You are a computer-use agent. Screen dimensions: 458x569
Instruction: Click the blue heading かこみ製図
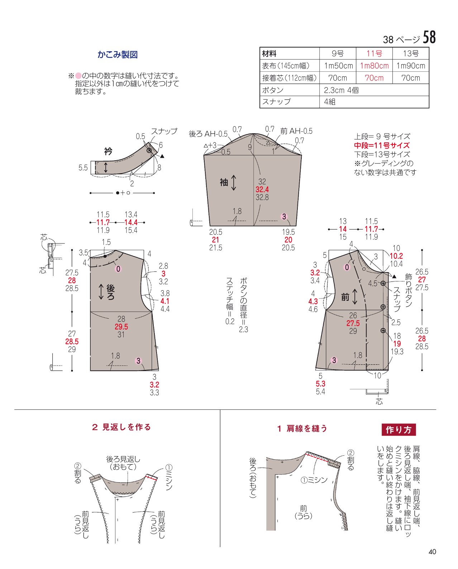[118, 54]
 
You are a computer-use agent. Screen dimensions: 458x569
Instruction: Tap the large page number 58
[429, 37]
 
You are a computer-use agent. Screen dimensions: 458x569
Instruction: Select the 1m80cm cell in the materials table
[374, 66]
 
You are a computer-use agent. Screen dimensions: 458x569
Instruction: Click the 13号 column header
[411, 54]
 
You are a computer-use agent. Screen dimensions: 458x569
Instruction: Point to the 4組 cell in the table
[330, 102]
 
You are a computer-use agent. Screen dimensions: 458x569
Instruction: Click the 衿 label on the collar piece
[108, 151]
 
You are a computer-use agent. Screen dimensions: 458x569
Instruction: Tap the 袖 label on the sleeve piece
[224, 182]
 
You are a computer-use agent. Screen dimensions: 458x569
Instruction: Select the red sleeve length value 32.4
[262, 189]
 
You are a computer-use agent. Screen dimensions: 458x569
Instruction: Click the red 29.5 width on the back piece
[121, 327]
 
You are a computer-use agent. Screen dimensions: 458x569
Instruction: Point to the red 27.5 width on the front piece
[353, 323]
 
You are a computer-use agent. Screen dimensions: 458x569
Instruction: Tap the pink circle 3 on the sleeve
[284, 217]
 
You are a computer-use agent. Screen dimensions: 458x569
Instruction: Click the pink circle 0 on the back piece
[118, 269]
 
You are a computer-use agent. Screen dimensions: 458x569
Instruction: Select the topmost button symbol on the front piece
[383, 283]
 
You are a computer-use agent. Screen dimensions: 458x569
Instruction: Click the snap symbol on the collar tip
[149, 151]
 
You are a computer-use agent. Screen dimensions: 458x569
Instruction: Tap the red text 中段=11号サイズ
[382, 146]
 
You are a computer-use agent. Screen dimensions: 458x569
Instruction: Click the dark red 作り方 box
[399, 430]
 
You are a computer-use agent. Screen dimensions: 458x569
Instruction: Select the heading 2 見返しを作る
[121, 427]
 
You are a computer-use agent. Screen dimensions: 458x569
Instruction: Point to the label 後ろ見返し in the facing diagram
[123, 459]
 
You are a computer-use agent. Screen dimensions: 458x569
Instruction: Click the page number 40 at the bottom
[432, 551]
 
